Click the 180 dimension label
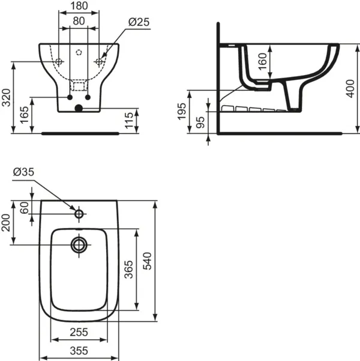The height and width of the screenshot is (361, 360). pos(79,6)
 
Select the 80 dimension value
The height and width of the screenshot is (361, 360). pos(79,20)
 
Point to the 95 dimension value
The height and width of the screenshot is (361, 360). pos(200,123)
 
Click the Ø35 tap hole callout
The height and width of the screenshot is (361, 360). pos(22,173)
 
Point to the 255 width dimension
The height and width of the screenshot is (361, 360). pos(79,332)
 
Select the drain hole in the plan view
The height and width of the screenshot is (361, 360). pos(79,244)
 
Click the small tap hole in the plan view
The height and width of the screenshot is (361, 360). pos(79,213)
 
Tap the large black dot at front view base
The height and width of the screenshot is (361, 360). pos(78,109)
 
